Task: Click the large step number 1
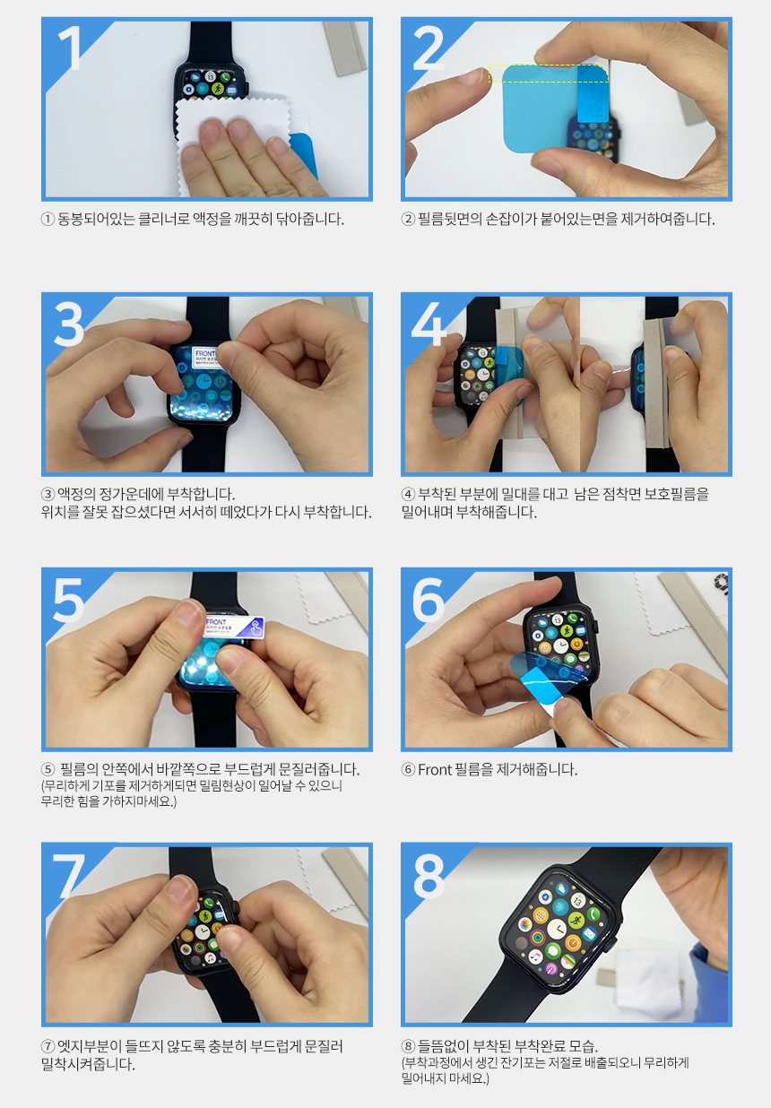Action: (70, 48)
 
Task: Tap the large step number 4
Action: (429, 324)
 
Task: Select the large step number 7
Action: (69, 876)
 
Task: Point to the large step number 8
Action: (429, 876)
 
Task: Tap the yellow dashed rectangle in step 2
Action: (549, 74)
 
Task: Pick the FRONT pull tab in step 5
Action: (234, 627)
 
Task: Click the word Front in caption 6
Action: (435, 770)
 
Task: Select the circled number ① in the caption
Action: (48, 219)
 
